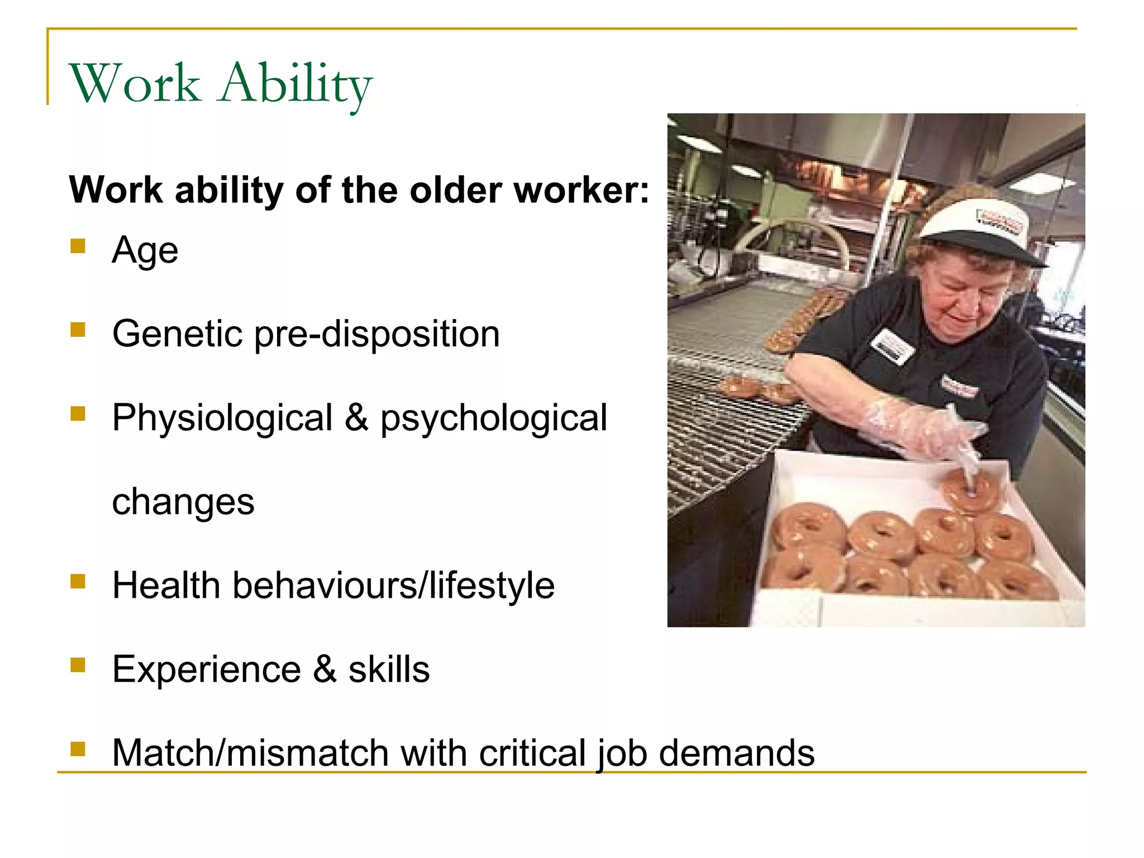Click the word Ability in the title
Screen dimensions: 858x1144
295,84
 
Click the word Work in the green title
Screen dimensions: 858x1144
135,84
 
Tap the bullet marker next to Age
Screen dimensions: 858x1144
78,246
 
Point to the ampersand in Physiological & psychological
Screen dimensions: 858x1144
356,417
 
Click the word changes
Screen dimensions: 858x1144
183,501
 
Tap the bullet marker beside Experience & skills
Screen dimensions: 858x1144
78,665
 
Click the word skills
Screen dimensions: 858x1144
389,669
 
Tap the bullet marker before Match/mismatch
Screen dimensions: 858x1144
78,749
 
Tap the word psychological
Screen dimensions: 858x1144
493,418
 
